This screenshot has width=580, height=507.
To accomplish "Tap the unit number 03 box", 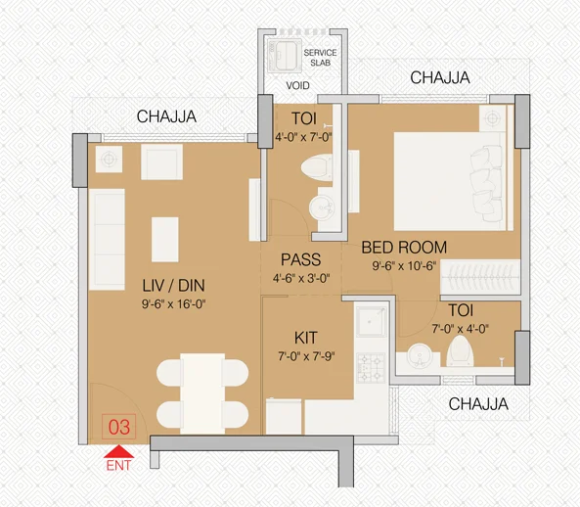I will (119, 426).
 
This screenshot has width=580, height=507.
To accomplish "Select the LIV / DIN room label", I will (172, 286).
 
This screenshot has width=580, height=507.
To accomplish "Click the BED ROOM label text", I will (403, 247).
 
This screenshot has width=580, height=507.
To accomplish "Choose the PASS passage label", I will (301, 260).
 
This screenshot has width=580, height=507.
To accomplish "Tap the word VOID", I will (298, 85).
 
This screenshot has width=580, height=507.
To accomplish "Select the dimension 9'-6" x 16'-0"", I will (172, 303).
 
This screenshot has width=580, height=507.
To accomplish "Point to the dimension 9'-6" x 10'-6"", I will (403, 265).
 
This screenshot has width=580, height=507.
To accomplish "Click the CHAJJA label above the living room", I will (166, 116).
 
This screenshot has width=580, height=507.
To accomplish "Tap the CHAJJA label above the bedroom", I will (439, 77).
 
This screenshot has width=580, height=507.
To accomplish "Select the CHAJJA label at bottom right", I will (477, 403).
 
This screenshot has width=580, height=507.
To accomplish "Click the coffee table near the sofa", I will (165, 239).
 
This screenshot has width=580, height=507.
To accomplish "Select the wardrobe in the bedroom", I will (478, 276).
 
